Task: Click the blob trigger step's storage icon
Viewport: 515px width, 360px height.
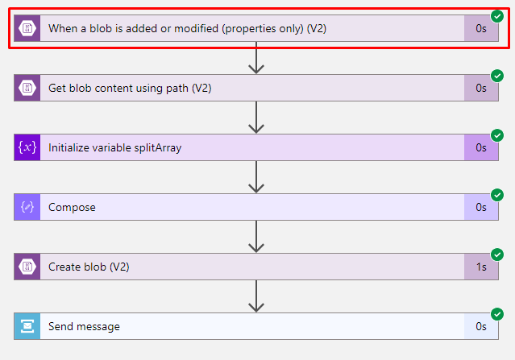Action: coord(27,28)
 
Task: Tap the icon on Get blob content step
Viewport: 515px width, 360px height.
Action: coord(27,88)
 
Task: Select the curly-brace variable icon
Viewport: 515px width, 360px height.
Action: coord(27,147)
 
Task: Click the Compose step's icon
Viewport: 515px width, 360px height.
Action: coord(27,207)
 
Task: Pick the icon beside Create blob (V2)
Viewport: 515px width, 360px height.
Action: coord(27,267)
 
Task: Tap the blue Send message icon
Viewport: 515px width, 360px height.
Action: coord(27,326)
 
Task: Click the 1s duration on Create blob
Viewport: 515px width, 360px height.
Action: coord(481,267)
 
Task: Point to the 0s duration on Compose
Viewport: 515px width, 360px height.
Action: coord(481,207)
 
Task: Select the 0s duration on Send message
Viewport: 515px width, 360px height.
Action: coord(481,326)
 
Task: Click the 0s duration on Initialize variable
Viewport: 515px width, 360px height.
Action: coord(481,147)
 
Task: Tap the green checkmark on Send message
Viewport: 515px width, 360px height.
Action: coord(497,314)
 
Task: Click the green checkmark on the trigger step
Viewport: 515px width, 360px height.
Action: coord(497,16)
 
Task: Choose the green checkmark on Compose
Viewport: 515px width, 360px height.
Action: coord(497,195)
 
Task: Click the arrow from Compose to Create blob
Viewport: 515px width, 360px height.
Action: coord(256,236)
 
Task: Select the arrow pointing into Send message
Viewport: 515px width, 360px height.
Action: coord(256,296)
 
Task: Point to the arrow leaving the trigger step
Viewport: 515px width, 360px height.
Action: coord(256,58)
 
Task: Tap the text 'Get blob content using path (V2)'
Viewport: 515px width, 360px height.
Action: coord(130,89)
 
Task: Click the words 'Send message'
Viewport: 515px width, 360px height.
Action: coord(84,326)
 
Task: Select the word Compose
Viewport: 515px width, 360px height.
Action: coord(72,208)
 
